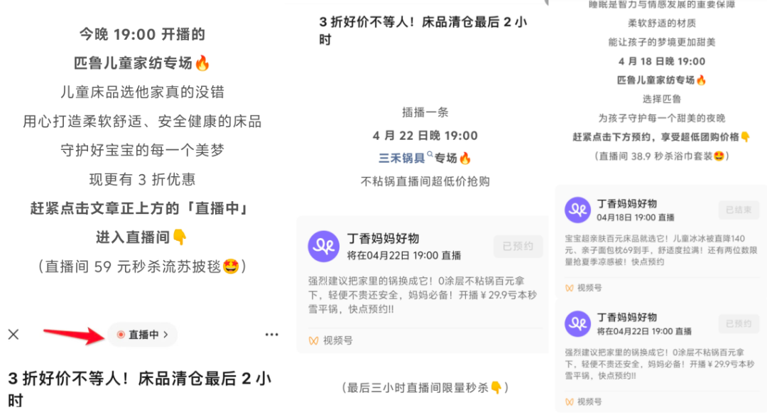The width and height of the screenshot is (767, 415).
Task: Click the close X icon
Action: point(13,334)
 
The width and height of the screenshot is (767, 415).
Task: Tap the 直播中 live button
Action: point(142,335)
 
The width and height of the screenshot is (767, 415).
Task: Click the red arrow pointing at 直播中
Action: point(74,335)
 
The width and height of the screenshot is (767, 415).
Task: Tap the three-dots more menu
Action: point(271,335)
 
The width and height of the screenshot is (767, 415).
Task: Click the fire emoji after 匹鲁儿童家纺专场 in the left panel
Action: point(202,63)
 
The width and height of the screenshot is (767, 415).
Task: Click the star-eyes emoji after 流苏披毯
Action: point(230,266)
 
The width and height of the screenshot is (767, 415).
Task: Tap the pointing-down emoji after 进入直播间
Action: point(180,237)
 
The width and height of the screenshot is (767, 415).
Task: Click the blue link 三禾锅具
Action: point(401,158)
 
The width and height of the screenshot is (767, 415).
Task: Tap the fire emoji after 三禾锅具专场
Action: point(464,158)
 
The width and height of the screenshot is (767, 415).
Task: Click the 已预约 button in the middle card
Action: point(518,246)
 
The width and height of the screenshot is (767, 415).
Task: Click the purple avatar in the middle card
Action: point(324,246)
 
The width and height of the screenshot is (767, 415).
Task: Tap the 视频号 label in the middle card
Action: point(337,340)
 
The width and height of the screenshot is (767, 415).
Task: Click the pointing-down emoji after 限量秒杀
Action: point(496,387)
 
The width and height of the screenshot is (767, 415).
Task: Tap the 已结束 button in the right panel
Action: point(739,210)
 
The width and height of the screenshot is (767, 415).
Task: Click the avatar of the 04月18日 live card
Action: point(577,210)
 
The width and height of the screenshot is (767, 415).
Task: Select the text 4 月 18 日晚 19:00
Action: point(662,61)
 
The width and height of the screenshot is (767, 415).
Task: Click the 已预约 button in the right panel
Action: point(739,323)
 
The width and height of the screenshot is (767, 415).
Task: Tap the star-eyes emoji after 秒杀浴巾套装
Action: point(719,156)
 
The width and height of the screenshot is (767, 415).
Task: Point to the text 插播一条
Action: point(425,112)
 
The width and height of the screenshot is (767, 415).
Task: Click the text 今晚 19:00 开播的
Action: point(142,34)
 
